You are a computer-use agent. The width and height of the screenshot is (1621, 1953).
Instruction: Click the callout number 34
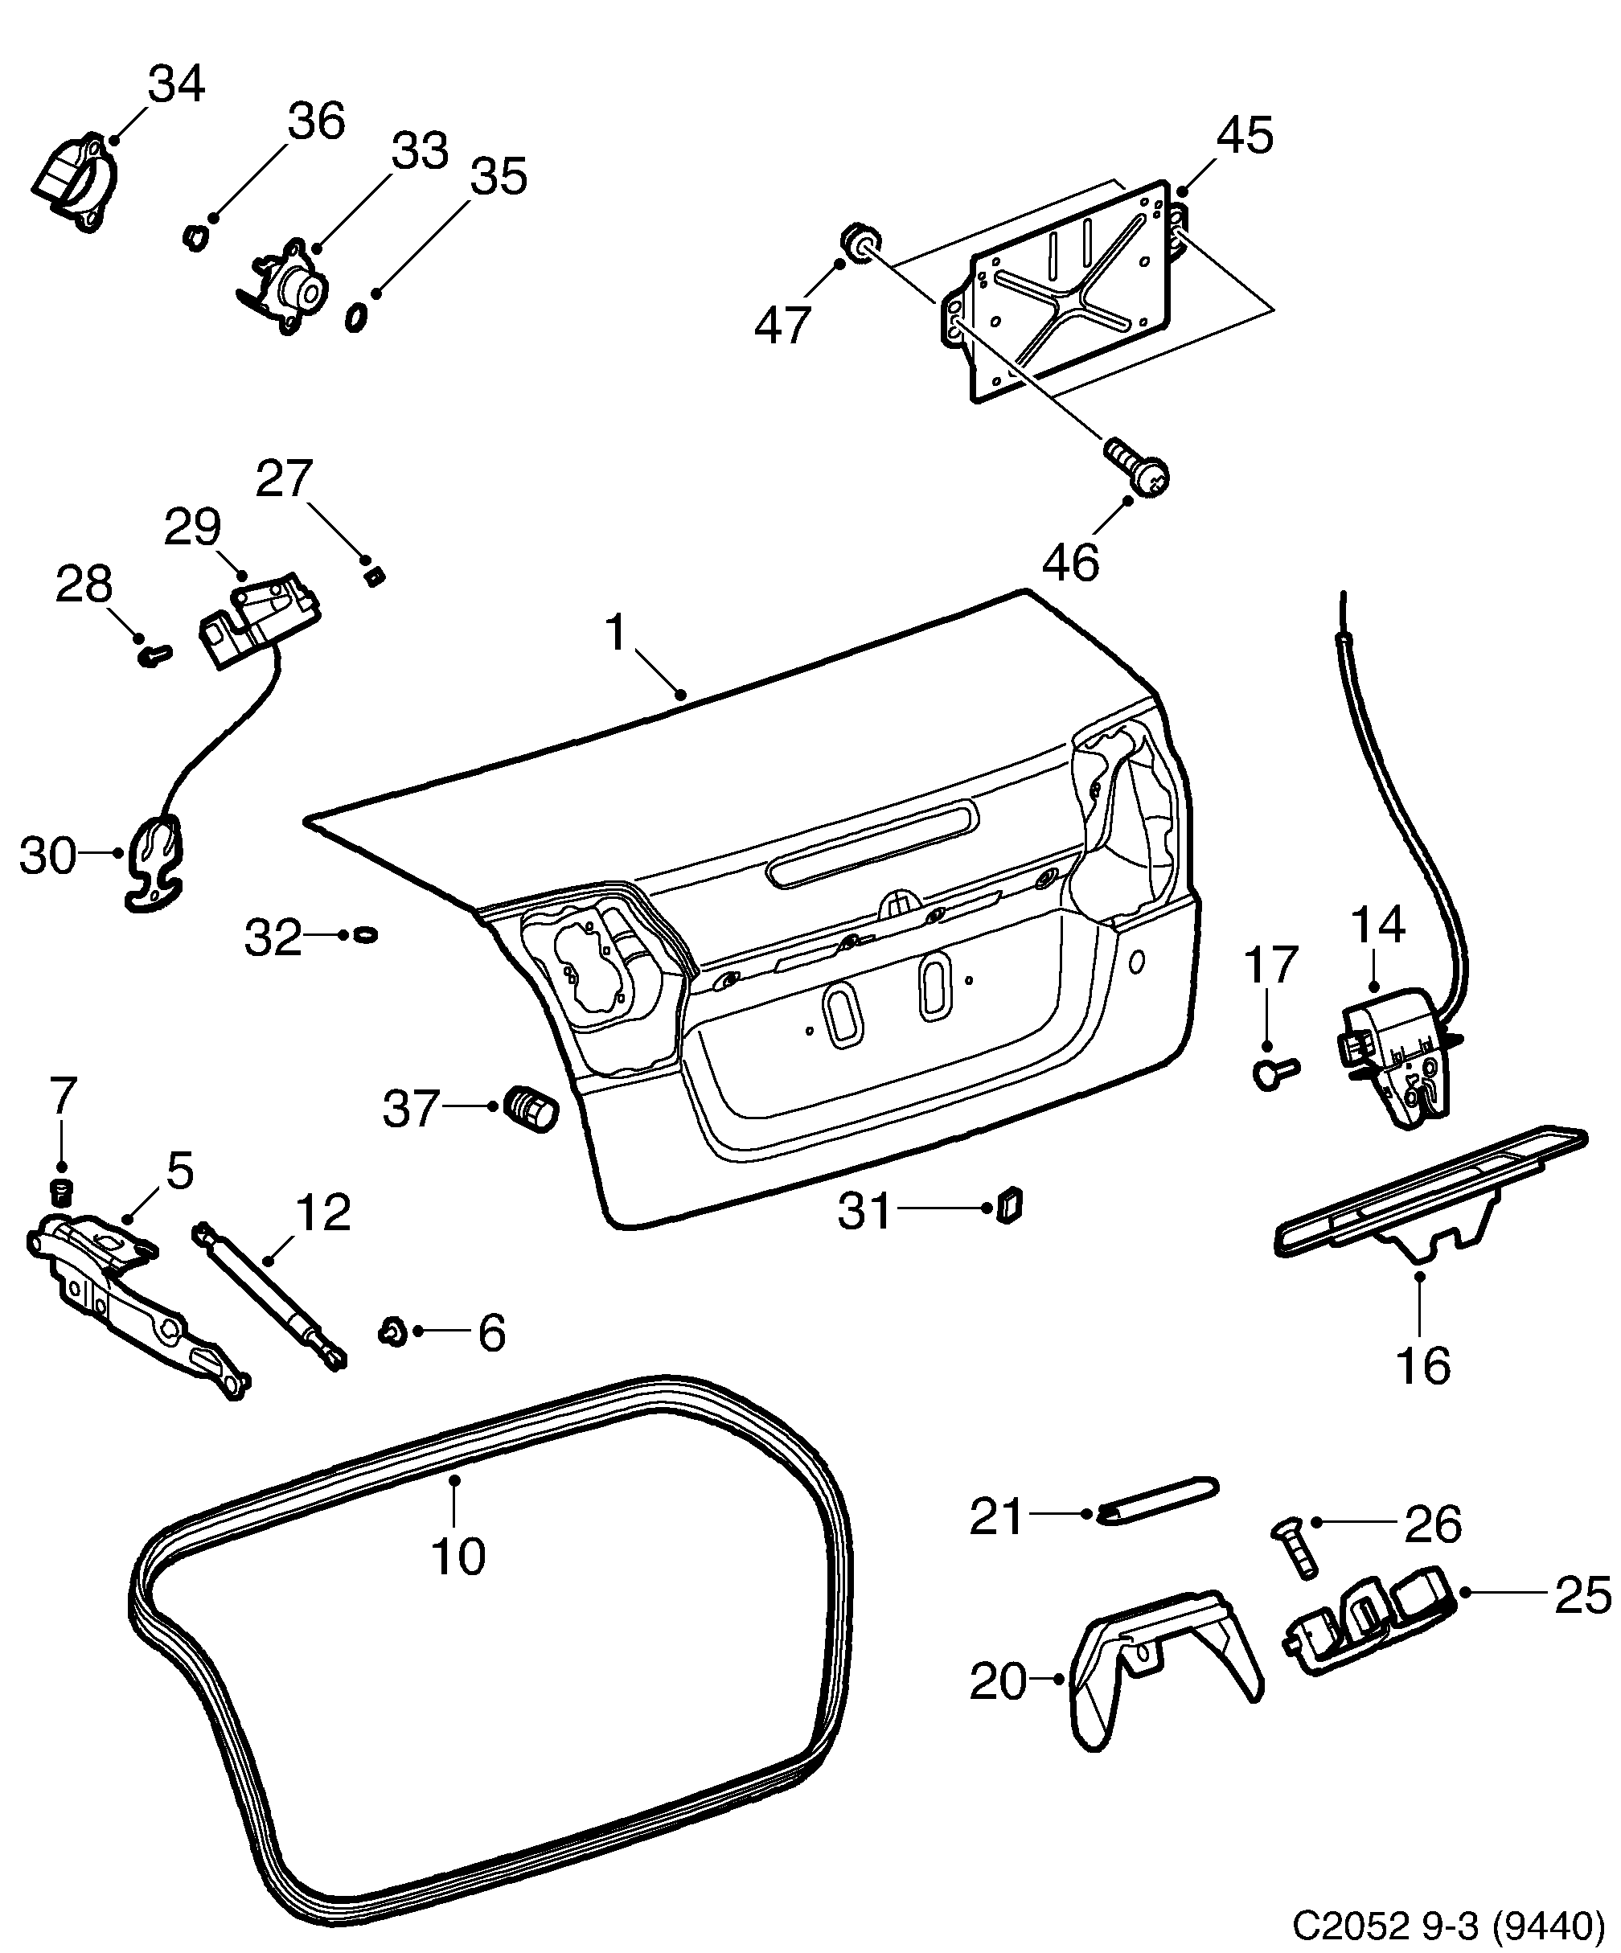[x=177, y=84]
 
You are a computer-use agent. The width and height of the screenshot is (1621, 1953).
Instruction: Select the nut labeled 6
[x=393, y=1331]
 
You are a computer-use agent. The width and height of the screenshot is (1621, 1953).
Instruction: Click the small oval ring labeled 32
[x=367, y=933]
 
